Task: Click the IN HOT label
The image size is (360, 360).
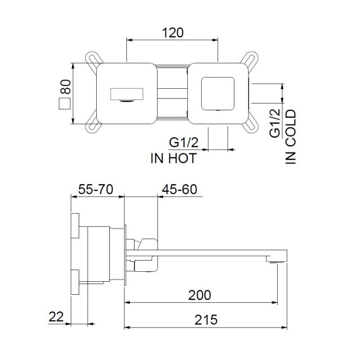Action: (173, 158)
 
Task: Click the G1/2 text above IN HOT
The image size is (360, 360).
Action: (184, 143)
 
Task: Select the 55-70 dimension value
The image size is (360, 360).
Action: (95, 189)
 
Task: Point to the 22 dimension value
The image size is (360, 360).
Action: (56, 316)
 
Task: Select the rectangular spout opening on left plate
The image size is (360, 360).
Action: (127, 94)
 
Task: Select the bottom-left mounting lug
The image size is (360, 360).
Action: (94, 126)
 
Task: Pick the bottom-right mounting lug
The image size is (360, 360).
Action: (251, 126)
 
